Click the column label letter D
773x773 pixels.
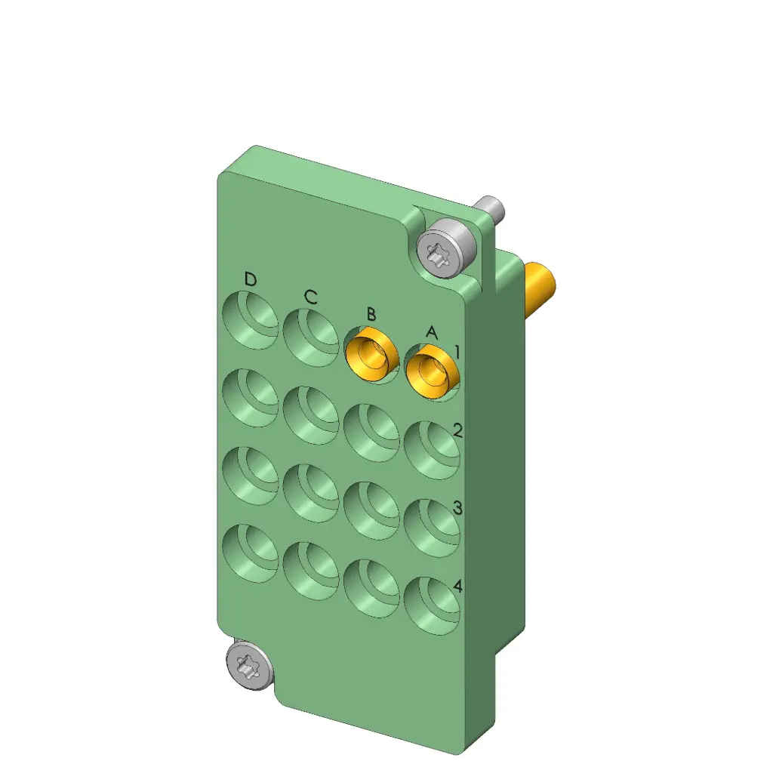tap(250, 280)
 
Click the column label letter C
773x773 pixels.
tap(310, 297)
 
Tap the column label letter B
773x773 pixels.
tap(371, 314)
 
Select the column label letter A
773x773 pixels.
tap(431, 331)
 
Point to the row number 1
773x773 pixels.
tap(457, 352)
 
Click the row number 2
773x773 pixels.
tap(457, 431)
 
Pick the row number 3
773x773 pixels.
tap(457, 508)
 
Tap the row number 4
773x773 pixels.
tap(457, 587)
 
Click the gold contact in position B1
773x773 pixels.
tap(371, 354)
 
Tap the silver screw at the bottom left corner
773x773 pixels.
tap(248, 665)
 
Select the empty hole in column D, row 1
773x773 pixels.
tap(251, 320)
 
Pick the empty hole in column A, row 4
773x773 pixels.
tap(432, 604)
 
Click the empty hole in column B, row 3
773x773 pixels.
tap(371, 510)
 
